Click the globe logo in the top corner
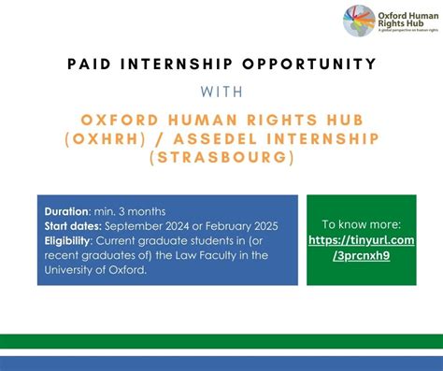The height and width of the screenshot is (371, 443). tap(358, 20)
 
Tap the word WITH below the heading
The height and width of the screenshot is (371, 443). tap(221, 93)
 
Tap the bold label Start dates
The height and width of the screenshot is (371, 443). tap(73, 225)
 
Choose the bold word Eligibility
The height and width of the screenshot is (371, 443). tap(70, 240)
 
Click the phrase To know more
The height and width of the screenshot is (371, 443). tap(361, 224)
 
